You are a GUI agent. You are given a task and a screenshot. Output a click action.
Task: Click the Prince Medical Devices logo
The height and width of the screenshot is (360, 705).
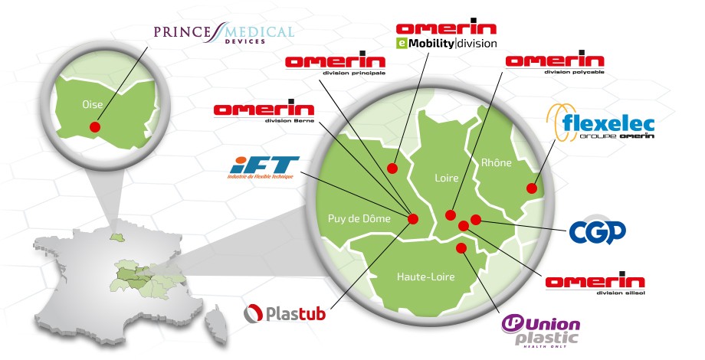[x=225, y=34]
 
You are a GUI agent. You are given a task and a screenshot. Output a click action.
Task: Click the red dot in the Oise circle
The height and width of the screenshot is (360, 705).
[x=95, y=127]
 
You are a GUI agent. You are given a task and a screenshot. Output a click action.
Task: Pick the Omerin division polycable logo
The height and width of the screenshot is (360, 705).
[x=555, y=64]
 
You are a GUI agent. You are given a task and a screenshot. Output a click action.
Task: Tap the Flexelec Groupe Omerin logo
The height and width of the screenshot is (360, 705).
[x=591, y=125]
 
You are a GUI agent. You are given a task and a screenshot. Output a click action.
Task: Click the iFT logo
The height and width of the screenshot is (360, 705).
[x=264, y=167]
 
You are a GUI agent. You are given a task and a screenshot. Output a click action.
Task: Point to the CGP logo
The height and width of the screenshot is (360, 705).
[x=598, y=231]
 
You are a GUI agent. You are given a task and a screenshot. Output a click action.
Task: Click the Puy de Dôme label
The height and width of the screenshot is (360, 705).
[x=359, y=218]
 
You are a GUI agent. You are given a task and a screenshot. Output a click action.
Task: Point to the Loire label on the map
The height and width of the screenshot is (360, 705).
[x=446, y=178]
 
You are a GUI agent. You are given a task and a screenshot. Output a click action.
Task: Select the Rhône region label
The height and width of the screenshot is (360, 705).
[x=496, y=162]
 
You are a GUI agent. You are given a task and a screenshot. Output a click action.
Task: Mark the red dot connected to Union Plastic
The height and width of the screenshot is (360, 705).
[x=461, y=248]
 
